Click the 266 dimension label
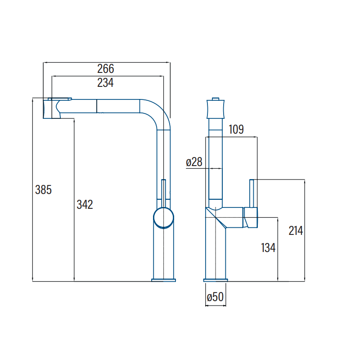click(x=106, y=69)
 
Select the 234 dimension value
click(x=105, y=83)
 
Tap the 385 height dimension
click(x=43, y=190)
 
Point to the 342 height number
click(x=85, y=205)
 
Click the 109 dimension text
click(x=236, y=130)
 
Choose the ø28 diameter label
click(x=194, y=162)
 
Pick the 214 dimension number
click(x=296, y=231)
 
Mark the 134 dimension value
click(x=268, y=248)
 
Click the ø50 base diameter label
click(x=215, y=297)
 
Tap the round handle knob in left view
click(x=163, y=218)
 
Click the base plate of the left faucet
click(x=163, y=280)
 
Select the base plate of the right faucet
click(x=216, y=280)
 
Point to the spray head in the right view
click(x=216, y=109)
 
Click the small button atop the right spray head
click(x=216, y=99)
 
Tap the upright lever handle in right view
click(x=252, y=193)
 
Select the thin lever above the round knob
click(x=163, y=193)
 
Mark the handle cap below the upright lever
click(x=251, y=217)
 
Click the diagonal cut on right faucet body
click(x=216, y=218)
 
